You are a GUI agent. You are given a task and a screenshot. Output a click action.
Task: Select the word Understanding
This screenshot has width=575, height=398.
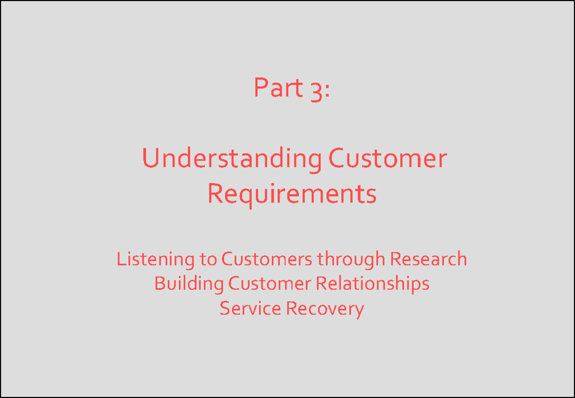[x=232, y=159]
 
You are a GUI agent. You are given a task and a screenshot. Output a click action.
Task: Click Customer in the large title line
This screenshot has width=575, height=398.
[x=387, y=159]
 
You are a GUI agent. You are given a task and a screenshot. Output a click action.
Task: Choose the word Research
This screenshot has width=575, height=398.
[x=428, y=259]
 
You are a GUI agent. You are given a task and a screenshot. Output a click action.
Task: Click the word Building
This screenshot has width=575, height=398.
[x=189, y=284]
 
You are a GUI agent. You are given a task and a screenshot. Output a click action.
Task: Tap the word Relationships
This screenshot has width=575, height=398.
[x=372, y=284]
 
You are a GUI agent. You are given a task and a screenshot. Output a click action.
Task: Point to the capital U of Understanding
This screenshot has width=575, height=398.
[x=150, y=159]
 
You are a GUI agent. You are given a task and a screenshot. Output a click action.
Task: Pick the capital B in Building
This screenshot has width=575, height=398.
[x=159, y=284]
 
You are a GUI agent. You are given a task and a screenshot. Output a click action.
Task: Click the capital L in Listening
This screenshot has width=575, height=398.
[x=120, y=259]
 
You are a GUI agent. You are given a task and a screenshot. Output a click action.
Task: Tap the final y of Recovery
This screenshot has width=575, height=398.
[x=359, y=310]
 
